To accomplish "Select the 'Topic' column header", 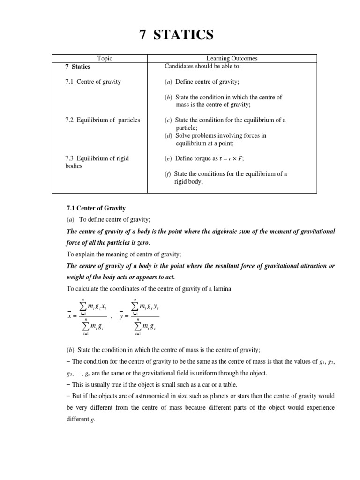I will pos(105,59).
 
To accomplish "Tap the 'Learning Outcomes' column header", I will pos(232,59).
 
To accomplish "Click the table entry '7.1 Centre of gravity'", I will pos(93,82).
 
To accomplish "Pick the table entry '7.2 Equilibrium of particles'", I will pos(102,120).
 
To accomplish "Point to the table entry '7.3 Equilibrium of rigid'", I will pos(97,158).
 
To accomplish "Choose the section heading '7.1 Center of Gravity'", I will pos(95,208).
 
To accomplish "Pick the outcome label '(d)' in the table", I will pos(168,135).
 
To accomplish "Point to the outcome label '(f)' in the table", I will pos(168,174).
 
